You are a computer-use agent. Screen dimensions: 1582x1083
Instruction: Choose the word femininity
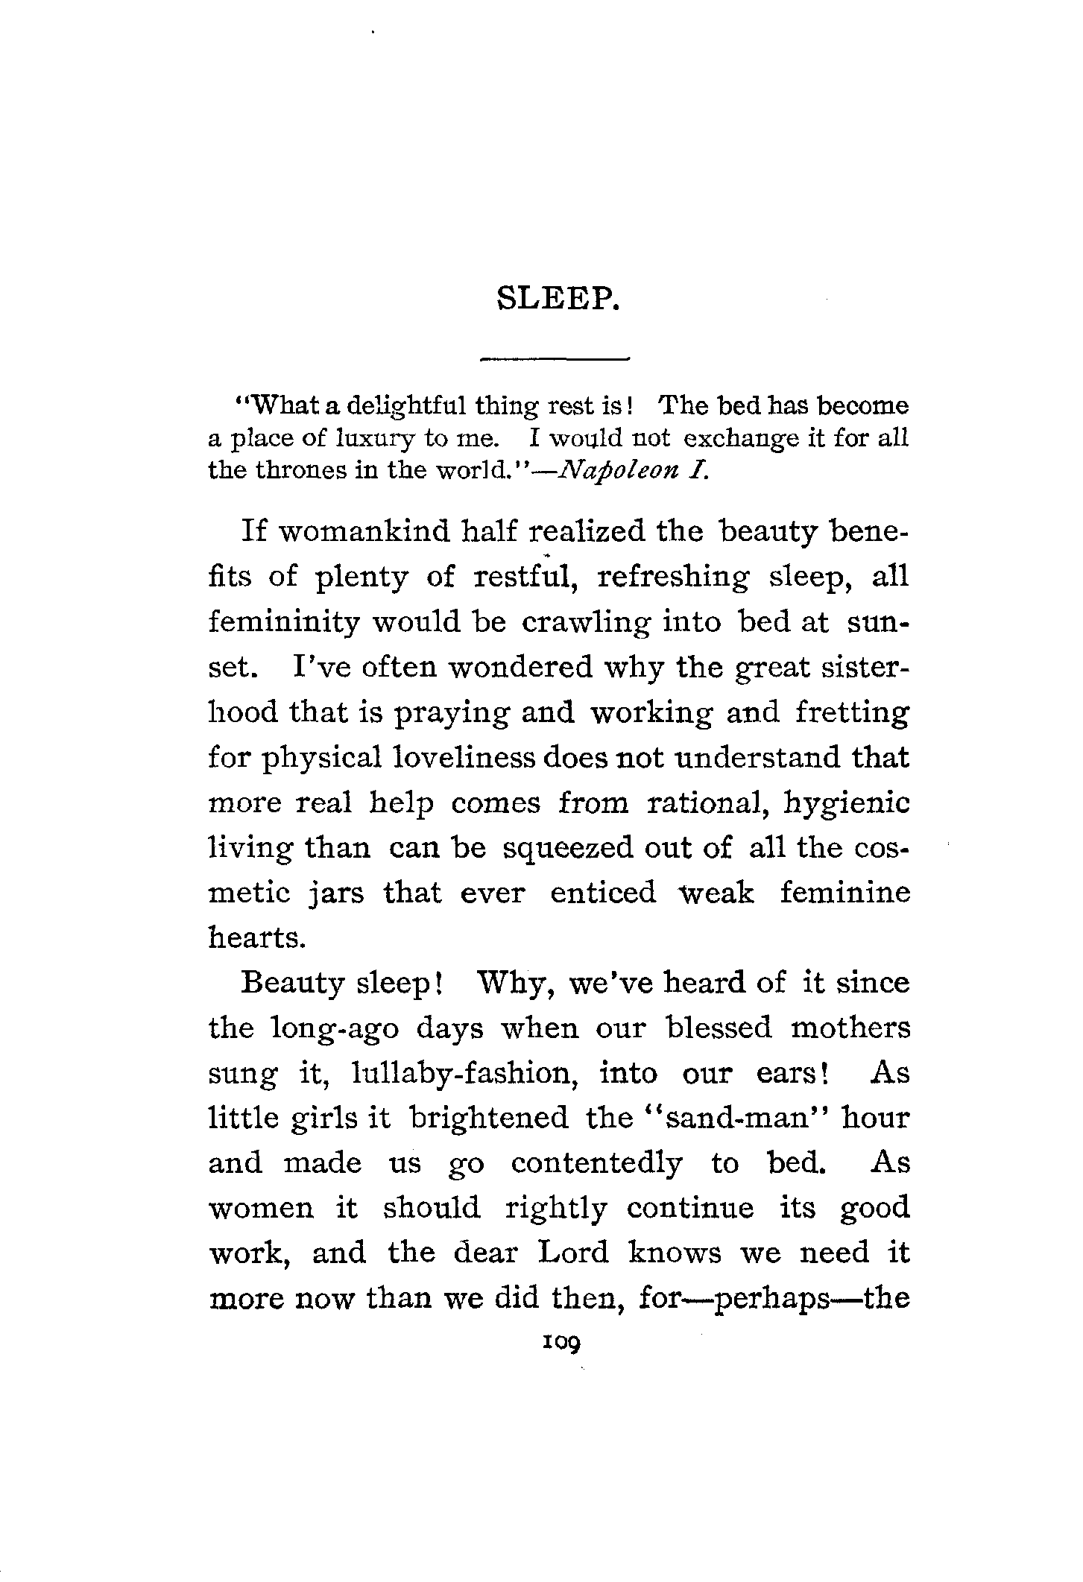(283, 622)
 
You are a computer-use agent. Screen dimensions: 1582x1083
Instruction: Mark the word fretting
(852, 713)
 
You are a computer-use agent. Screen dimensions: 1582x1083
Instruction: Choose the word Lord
(573, 1253)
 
